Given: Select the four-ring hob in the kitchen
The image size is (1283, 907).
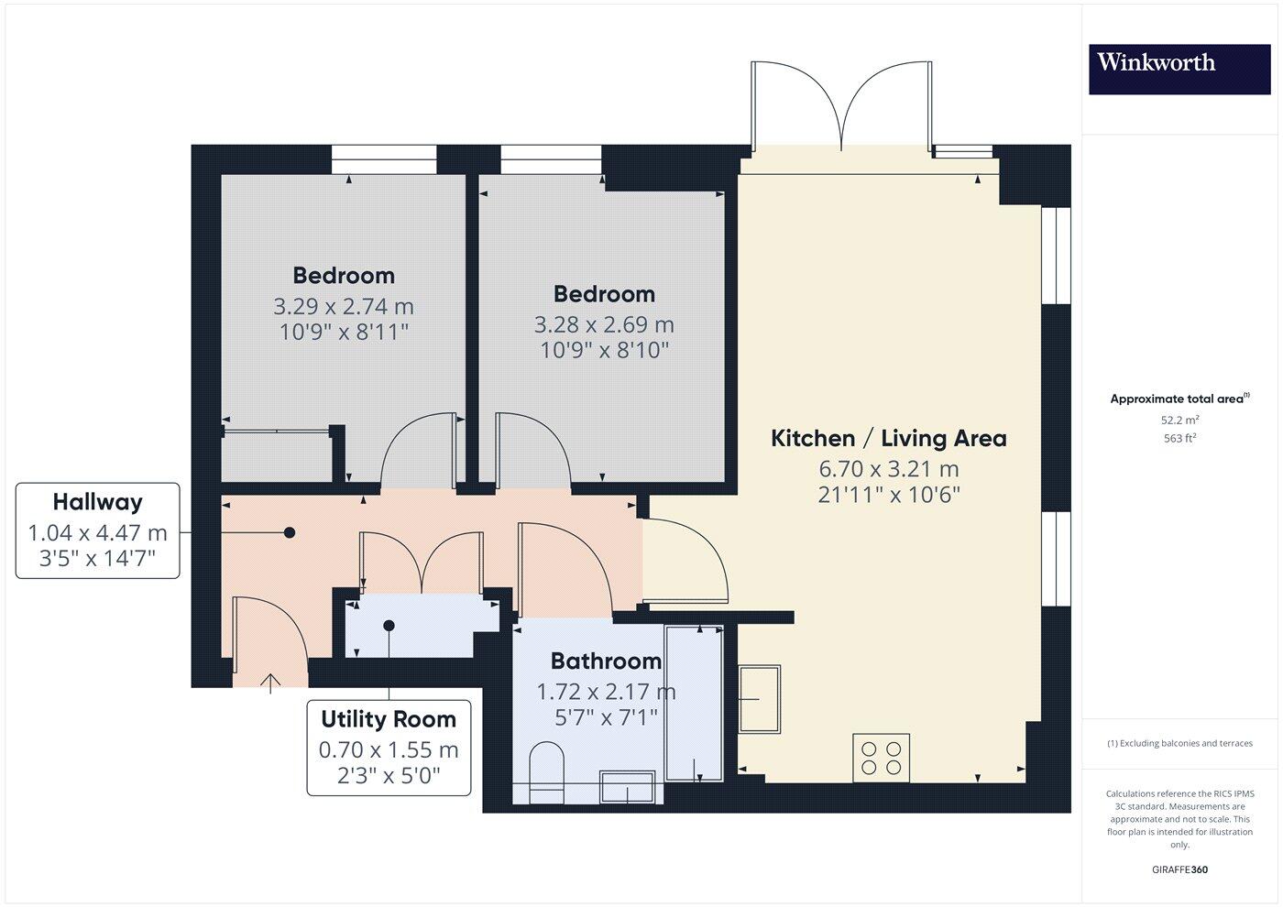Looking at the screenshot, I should [x=881, y=758].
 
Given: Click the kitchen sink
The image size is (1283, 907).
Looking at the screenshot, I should [x=760, y=699].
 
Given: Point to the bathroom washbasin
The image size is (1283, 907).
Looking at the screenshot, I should [x=627, y=787].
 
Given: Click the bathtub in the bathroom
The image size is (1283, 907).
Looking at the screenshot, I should [x=694, y=703].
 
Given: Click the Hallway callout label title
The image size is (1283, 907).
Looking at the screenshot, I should [x=97, y=502].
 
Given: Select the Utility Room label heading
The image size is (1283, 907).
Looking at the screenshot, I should [x=389, y=719].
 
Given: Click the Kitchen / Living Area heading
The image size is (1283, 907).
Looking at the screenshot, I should [x=888, y=439].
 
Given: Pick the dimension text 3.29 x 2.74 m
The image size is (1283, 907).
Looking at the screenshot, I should [x=344, y=306].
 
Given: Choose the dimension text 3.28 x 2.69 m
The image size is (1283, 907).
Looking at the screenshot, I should [x=604, y=325].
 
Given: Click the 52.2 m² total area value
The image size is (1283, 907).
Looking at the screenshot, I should [x=1179, y=420].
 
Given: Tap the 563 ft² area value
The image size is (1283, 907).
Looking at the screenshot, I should [x=1179, y=438].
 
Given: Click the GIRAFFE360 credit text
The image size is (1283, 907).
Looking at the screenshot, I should [x=1179, y=869].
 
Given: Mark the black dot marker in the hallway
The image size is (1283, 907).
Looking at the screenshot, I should [x=289, y=532].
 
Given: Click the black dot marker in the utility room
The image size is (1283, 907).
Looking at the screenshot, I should [x=389, y=626].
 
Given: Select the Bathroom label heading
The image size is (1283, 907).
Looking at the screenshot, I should [x=606, y=661].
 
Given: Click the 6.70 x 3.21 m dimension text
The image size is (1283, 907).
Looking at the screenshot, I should [x=888, y=469].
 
